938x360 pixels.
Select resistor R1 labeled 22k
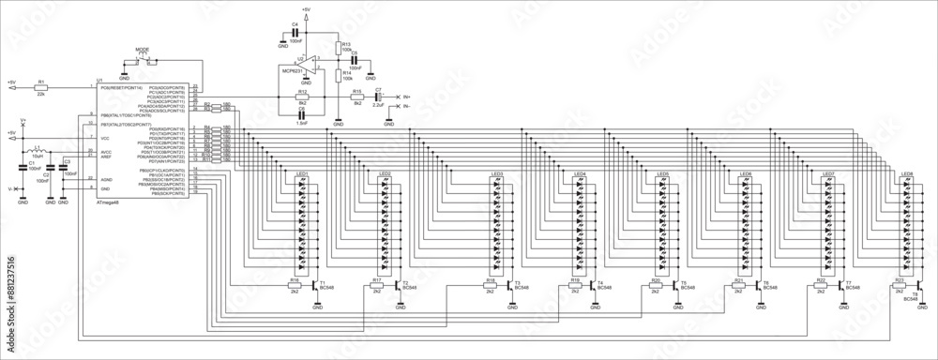click(40, 86)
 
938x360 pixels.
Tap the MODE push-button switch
click(142, 61)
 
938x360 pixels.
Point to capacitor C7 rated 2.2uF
click(379, 97)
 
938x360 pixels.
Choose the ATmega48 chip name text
click(108, 202)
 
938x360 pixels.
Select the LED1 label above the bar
click(302, 174)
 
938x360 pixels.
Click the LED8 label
click(906, 174)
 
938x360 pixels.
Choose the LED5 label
click(662, 174)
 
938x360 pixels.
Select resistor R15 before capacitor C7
click(357, 97)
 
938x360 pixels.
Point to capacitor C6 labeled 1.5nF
click(302, 115)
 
